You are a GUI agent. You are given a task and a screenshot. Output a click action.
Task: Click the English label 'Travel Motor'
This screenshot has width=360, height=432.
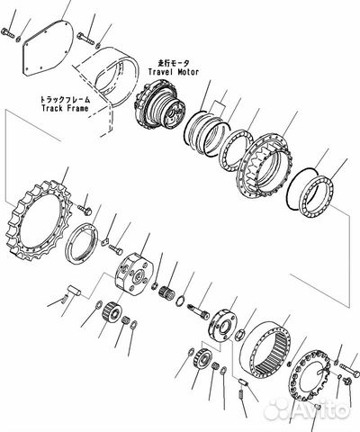pos(174,72)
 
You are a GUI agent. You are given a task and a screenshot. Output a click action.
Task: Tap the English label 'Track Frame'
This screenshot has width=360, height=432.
pos(65,108)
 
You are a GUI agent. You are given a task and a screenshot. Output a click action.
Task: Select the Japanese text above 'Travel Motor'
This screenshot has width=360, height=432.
pos(174,63)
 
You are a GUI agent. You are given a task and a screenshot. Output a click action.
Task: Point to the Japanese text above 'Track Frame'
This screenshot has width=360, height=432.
pos(65,99)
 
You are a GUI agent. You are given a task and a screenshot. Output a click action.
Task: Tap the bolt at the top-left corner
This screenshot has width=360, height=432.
pos(7,32)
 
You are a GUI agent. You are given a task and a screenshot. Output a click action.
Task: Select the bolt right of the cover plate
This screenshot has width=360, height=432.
pos(85,39)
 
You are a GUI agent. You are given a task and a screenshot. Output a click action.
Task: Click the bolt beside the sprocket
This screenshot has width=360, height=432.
pos(85,210)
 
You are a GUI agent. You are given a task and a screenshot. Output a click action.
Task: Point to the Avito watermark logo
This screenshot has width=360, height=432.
pos(307,409)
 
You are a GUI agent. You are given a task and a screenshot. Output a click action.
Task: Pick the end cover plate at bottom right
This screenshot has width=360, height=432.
pos(310,375)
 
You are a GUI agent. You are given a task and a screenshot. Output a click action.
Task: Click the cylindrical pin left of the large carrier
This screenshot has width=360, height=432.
pos(74,291)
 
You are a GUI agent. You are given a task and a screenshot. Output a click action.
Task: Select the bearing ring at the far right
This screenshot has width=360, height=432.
pos(317,195)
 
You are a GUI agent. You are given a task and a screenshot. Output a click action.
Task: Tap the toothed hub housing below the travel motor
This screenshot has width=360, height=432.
pos(265,166)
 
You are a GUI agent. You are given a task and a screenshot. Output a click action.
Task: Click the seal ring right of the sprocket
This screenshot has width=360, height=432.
pos(82,243)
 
